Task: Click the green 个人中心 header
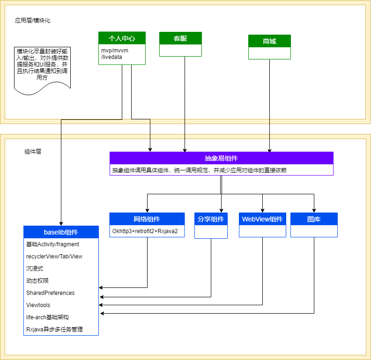122,38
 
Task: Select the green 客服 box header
180,38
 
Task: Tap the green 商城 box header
269,41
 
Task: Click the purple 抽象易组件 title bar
221,158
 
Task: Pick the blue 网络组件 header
147,219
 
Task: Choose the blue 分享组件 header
211,219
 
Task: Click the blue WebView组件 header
262,219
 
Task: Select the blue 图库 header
314,219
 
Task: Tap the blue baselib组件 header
61,232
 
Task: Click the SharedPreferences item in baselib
51,293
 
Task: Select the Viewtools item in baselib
38,305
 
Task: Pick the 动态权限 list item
37,281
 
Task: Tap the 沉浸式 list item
35,269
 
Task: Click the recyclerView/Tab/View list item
54,257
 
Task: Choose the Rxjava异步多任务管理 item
54,330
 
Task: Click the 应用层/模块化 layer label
33,21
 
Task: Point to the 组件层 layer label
33,152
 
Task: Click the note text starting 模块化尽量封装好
42,64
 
